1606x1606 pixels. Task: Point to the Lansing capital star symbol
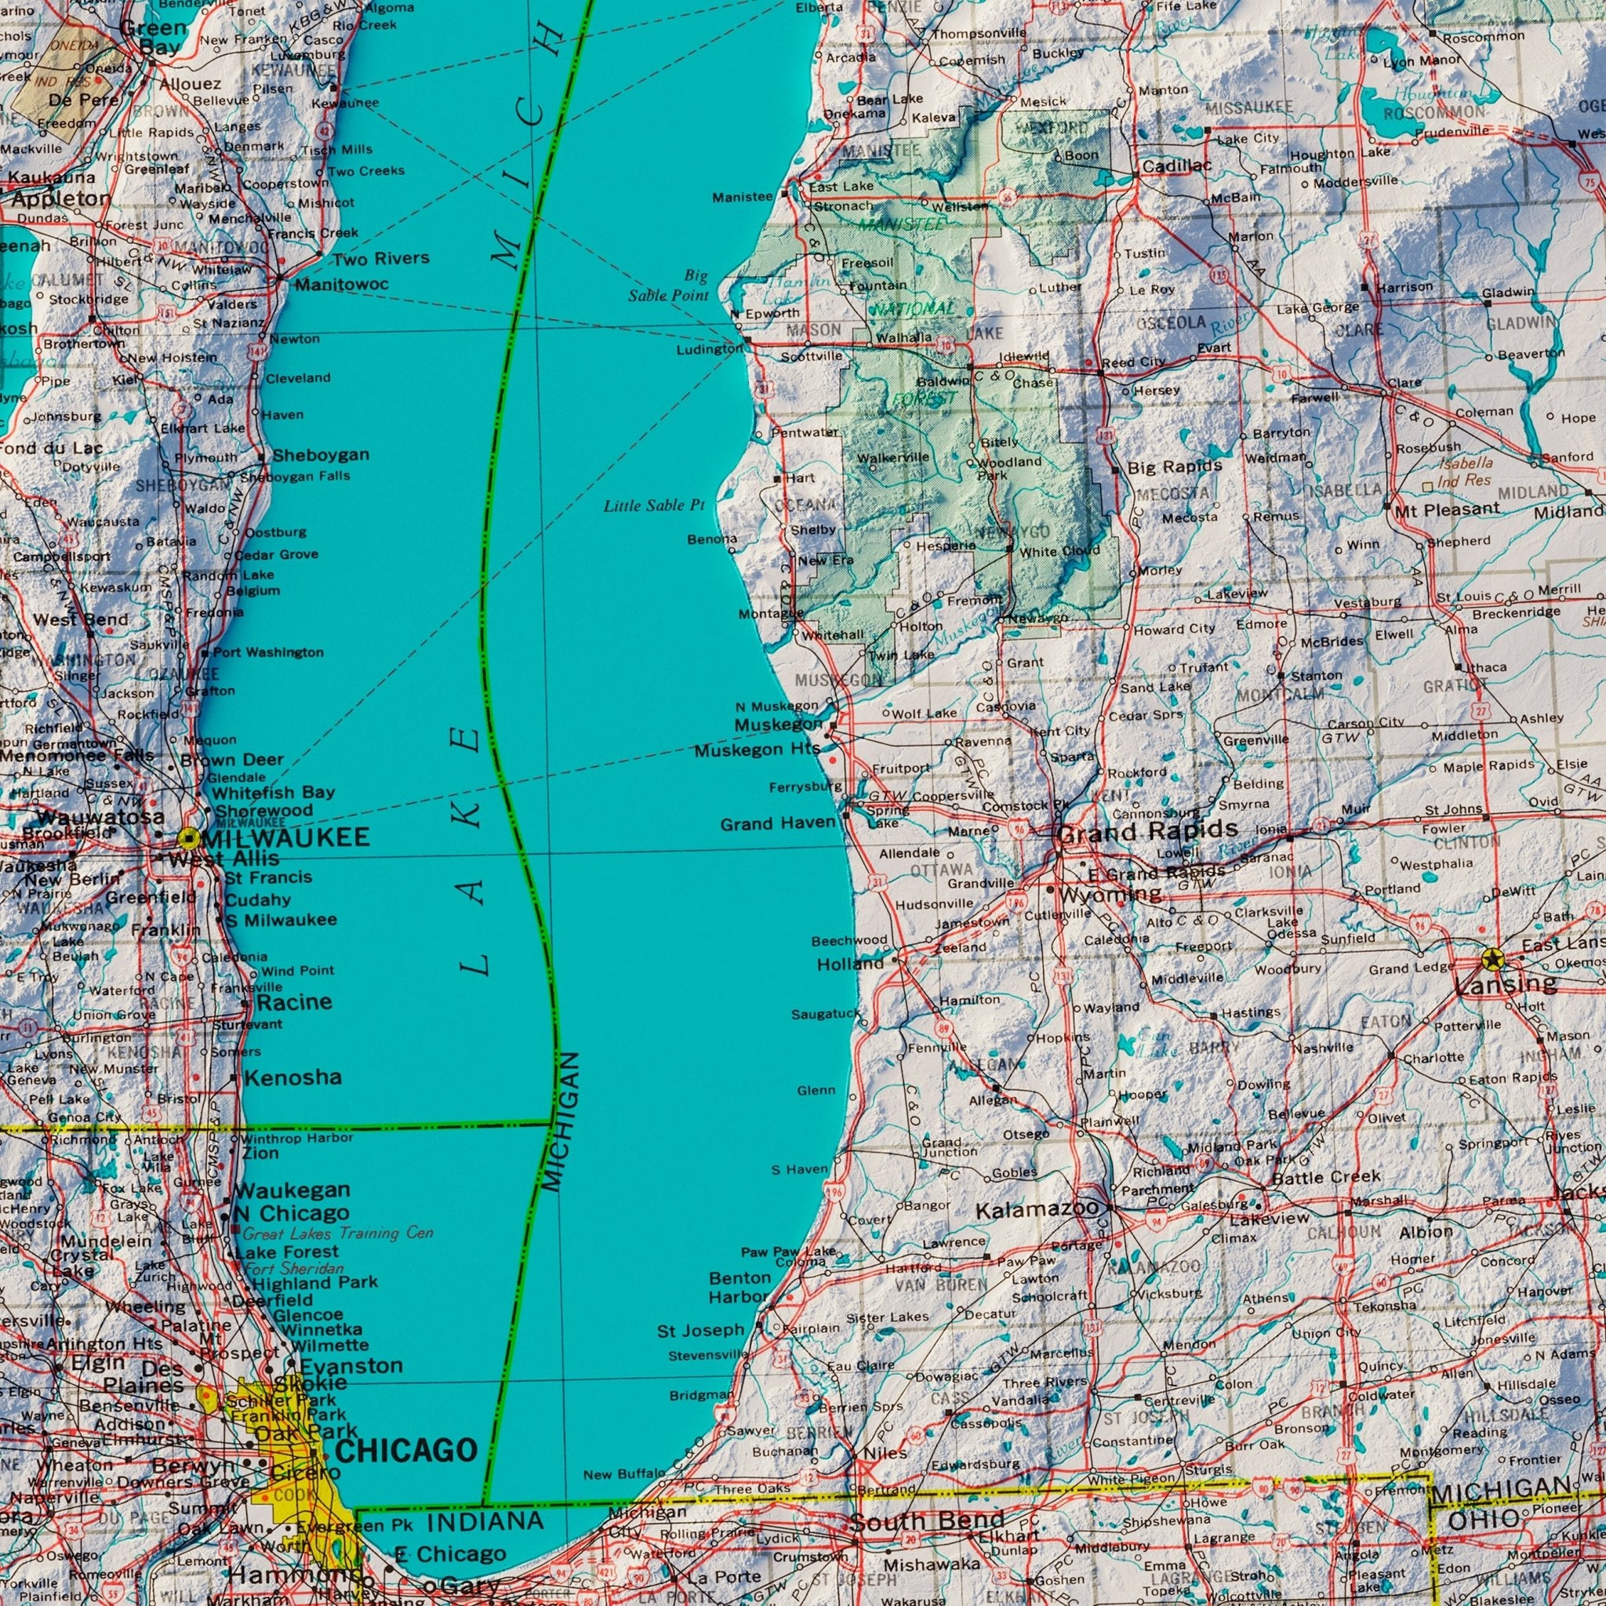(1493, 959)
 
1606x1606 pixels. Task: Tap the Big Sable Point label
(670, 285)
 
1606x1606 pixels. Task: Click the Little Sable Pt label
(653, 506)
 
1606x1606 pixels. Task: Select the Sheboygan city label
(321, 456)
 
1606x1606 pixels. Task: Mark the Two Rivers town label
(380, 259)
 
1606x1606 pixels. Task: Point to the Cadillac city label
(1176, 166)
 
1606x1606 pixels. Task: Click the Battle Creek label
(1326, 1177)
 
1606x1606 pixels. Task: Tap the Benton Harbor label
(739, 1287)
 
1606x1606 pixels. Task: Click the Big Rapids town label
(1174, 467)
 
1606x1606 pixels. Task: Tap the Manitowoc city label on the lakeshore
(342, 285)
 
